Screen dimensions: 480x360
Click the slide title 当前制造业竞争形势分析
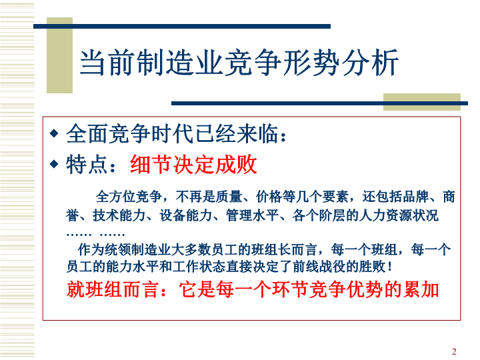[239, 63]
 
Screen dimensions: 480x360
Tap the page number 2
[454, 351]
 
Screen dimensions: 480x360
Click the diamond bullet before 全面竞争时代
[54, 133]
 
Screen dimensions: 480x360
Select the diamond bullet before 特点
[54, 164]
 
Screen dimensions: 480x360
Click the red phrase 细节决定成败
[193, 165]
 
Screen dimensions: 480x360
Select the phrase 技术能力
[119, 215]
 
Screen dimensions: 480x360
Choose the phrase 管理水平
[252, 215]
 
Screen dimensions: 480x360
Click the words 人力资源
[385, 215]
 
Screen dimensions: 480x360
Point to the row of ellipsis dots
[95, 235]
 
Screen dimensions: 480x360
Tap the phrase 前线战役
[319, 267]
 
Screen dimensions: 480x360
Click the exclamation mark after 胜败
[389, 267]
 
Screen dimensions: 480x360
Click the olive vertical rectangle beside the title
[60, 55]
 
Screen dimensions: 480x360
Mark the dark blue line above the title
[182, 26]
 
